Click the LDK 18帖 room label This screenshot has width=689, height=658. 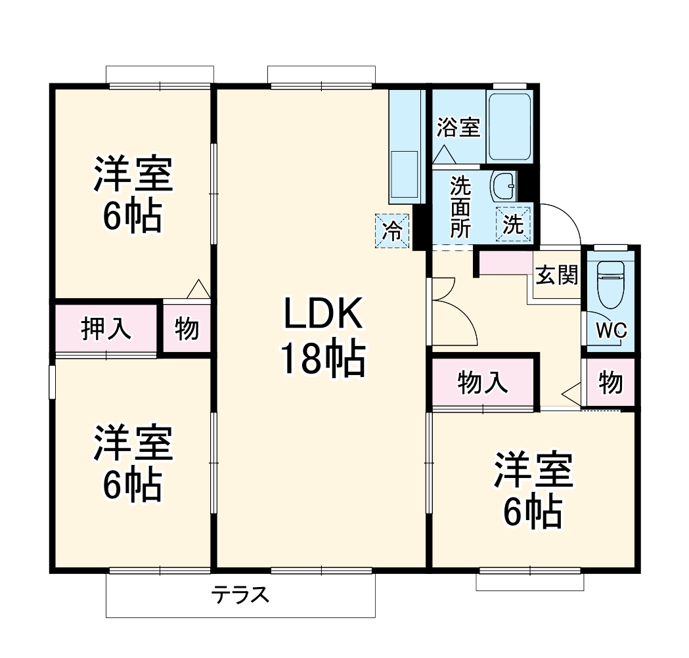coord(322,337)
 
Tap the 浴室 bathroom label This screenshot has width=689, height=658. coord(458,127)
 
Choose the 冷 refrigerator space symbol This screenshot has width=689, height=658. coord(392,231)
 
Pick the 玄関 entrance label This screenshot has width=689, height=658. coord(557,276)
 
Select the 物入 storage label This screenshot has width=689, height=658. coord(483,382)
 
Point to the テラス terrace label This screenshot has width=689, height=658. coord(240,596)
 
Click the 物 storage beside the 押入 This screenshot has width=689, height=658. coord(187,328)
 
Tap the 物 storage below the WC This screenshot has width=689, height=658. coord(611,382)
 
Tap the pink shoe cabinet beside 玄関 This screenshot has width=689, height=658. coord(506,263)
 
